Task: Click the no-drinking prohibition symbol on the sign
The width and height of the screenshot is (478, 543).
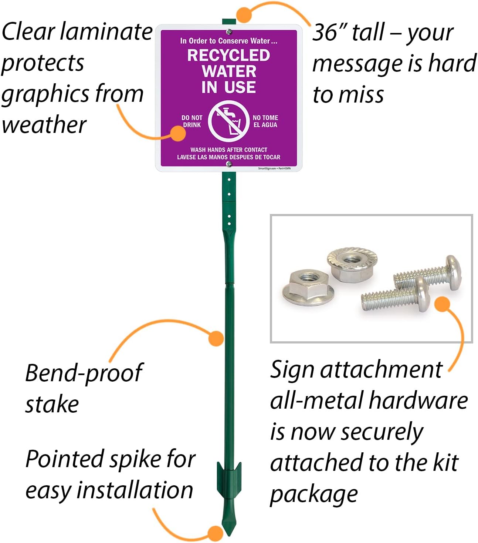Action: point(228,121)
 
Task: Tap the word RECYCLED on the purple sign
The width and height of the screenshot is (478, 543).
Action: point(228,56)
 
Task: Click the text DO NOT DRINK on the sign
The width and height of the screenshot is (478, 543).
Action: point(192,121)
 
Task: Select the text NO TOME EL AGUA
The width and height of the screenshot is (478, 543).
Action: point(265,121)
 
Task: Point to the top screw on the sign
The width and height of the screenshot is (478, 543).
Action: point(229,32)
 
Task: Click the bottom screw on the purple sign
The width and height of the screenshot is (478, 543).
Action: point(229,164)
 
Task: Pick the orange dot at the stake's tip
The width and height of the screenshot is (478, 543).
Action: point(216,533)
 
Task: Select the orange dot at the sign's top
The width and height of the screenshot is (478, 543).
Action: point(244,15)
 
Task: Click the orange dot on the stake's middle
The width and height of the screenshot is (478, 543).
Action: point(216,338)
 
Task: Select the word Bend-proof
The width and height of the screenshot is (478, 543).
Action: point(84,373)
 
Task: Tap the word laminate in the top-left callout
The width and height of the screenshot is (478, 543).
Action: point(106,31)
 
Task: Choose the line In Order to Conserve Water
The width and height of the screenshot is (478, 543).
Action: point(228,41)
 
